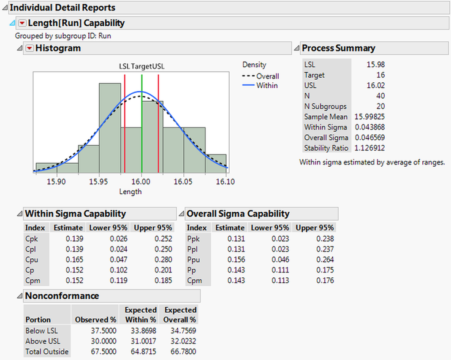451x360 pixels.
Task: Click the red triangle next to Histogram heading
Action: tap(29, 48)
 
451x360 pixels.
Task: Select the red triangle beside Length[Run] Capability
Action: tap(22, 23)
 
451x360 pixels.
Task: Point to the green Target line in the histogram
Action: tap(142, 123)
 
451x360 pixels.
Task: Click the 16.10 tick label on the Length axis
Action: tap(226, 182)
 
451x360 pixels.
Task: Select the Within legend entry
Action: tap(267, 86)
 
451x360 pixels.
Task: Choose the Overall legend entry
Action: tap(268, 76)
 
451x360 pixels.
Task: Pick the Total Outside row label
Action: tap(47, 351)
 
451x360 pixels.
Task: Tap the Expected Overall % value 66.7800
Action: tap(181, 351)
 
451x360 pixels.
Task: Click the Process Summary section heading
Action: tap(338, 48)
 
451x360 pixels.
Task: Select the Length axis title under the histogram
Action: tap(131, 192)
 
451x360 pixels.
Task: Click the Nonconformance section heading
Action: tap(61, 296)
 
